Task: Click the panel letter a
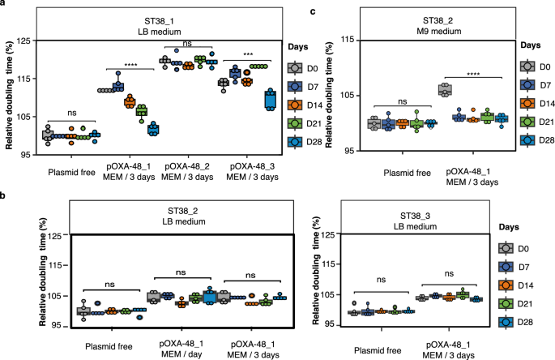5,6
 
